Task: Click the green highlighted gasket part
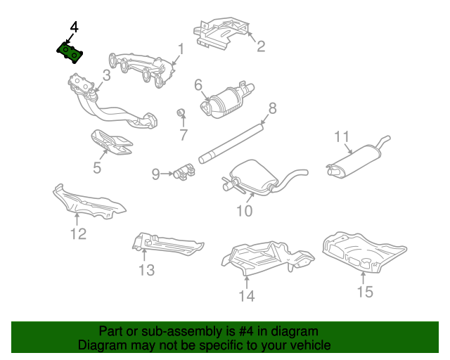coord(70,53)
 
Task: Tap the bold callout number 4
coord(74,27)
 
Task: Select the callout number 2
coord(261,46)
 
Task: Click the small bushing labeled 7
coord(181,112)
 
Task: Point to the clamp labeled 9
coord(184,172)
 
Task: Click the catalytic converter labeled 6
coord(227,100)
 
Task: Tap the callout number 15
coord(365,292)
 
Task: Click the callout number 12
coord(78,233)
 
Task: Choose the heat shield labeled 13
coord(167,243)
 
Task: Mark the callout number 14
coord(247,296)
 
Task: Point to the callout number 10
coord(244,211)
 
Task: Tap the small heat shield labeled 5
coord(112,143)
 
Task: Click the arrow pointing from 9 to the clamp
coord(167,174)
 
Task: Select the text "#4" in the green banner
coord(246,331)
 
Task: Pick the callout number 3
coord(106,75)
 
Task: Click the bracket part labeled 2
coord(221,32)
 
